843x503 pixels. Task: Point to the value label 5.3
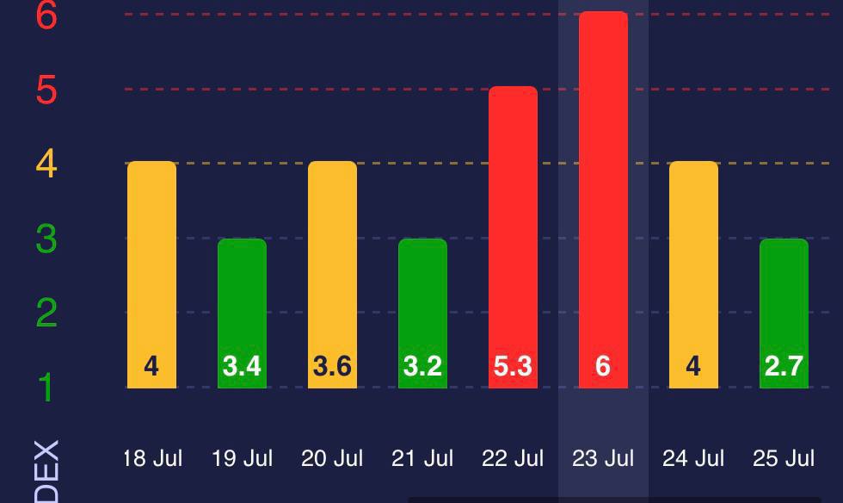[x=513, y=367]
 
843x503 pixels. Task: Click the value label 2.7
[x=784, y=367]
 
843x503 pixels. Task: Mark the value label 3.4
[x=242, y=367]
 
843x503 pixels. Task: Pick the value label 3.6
[x=332, y=367]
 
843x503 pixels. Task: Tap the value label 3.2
[x=422, y=367]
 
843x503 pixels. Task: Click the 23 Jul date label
[x=603, y=458]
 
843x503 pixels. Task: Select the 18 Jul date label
[x=152, y=458]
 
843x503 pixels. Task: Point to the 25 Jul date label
[x=784, y=458]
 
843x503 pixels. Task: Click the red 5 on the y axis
[x=46, y=90]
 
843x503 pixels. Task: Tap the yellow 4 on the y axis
[x=46, y=164]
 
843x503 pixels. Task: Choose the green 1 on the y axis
[x=46, y=388]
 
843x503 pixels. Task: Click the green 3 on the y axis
[x=46, y=239]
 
